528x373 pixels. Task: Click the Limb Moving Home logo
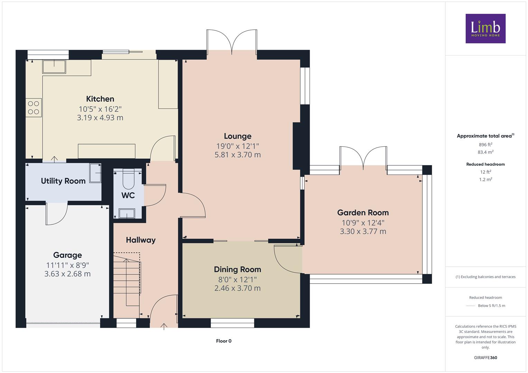485,28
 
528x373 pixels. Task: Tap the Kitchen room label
100,99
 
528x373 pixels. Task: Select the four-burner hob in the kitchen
34,108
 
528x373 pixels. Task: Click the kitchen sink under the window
54,67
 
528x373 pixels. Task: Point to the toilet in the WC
129,179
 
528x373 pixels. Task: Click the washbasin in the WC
127,213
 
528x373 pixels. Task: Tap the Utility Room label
63,181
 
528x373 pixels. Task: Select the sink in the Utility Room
95,173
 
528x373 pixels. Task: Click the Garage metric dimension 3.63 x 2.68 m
67,274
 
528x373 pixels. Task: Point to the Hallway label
141,240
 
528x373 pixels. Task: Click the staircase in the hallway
127,285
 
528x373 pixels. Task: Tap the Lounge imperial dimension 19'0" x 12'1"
238,146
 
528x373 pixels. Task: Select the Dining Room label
237,269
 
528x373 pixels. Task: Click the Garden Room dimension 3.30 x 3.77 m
363,231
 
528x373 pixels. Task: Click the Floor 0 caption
224,341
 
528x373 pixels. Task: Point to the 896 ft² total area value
485,145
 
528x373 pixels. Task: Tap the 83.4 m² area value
485,152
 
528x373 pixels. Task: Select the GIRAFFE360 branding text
485,358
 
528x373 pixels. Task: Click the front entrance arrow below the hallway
164,327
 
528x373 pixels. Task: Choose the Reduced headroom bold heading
485,164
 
